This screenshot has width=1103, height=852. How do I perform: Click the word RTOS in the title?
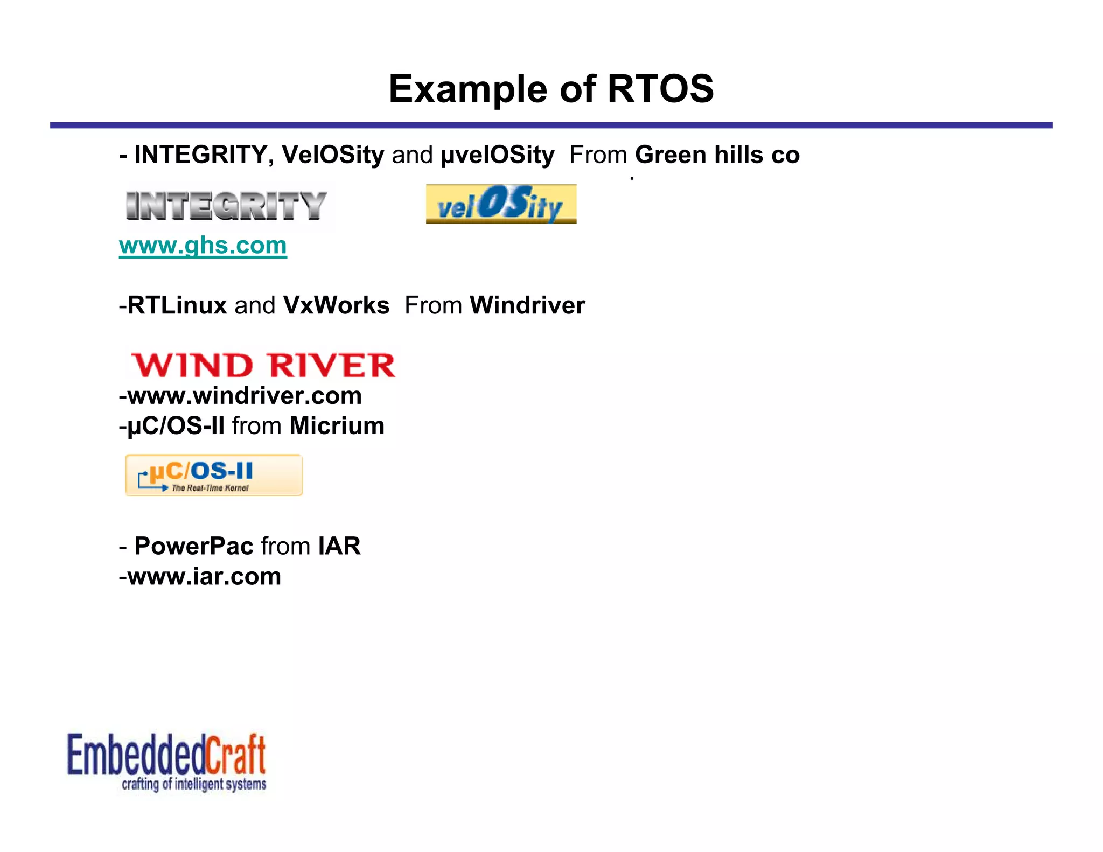tap(660, 89)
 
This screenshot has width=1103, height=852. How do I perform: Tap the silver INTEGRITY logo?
tap(226, 206)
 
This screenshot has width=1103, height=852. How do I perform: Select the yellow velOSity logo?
tap(501, 204)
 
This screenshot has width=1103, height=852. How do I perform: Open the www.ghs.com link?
tap(203, 246)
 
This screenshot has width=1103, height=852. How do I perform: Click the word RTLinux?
tap(177, 305)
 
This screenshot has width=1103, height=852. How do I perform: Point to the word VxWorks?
tap(336, 305)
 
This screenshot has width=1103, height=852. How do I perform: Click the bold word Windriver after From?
tap(527, 305)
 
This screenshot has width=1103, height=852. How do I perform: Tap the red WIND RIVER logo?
tap(263, 365)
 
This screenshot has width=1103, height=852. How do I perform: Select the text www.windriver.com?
tap(244, 396)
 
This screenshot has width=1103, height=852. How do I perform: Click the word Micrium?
tap(337, 426)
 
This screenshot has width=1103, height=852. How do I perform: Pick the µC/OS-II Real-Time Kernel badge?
tap(214, 475)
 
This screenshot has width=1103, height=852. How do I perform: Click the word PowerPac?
tap(193, 546)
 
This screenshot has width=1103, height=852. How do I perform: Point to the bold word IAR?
tap(339, 546)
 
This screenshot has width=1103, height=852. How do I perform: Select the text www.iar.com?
tap(204, 577)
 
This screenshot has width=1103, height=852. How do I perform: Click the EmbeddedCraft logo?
tap(166, 755)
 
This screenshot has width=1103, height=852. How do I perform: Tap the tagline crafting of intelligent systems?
tap(194, 784)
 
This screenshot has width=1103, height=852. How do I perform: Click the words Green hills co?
tap(717, 155)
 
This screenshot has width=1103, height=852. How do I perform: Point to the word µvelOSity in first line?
tap(497, 155)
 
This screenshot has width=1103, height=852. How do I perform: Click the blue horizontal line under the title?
tap(551, 125)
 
